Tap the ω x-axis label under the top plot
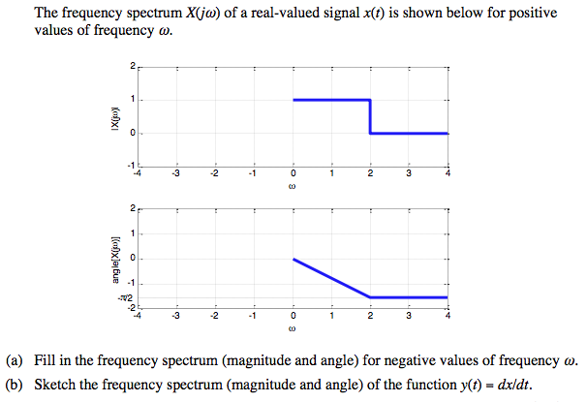pyautogui.click(x=293, y=188)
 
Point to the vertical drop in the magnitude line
pyautogui.click(x=370, y=116)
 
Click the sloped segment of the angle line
pyautogui.click(x=331, y=278)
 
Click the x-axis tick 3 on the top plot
pyautogui.click(x=409, y=174)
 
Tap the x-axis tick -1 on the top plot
pyautogui.click(x=252, y=174)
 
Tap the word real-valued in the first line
pyautogui.click(x=271, y=14)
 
